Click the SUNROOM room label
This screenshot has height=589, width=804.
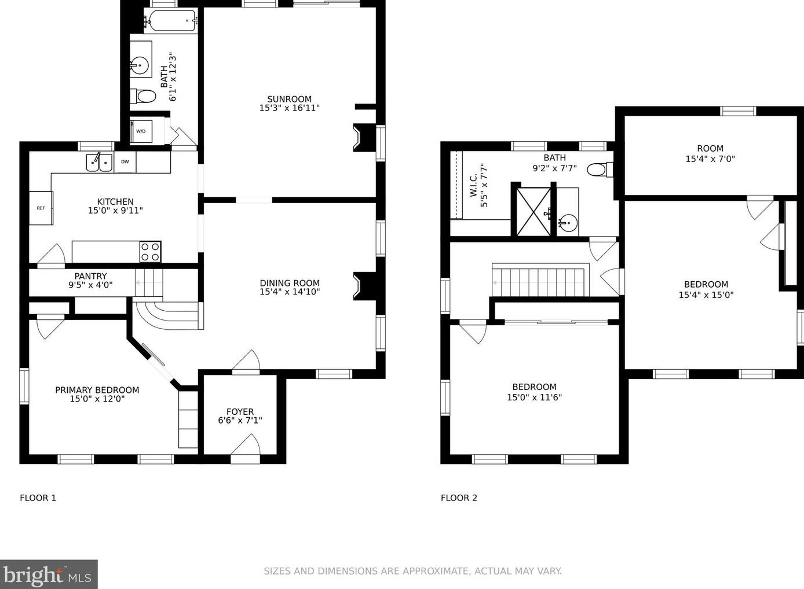tap(289, 99)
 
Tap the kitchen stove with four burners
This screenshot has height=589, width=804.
tap(150, 252)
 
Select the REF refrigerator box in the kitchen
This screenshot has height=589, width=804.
tap(41, 208)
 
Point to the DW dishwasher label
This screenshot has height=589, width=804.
tap(125, 162)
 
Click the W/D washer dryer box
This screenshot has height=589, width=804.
tap(141, 131)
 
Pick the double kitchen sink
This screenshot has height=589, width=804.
tap(99, 163)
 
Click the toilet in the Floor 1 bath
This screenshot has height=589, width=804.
tap(144, 96)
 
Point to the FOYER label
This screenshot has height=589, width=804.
tap(240, 411)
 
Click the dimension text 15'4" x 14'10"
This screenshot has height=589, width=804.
tap(290, 292)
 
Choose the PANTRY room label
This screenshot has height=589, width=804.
tap(90, 276)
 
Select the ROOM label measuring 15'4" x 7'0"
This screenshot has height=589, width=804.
tap(710, 148)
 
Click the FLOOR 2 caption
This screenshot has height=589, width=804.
tap(459, 498)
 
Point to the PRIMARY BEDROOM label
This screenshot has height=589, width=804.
tap(97, 390)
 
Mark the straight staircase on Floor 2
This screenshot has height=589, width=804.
tap(540, 281)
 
